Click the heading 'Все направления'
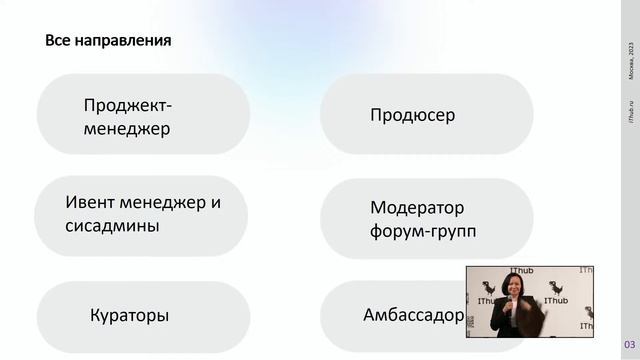(108, 41)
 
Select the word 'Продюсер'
(412, 115)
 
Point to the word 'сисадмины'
(113, 225)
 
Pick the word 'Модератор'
(417, 208)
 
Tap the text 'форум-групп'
(422, 232)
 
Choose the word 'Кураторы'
(129, 316)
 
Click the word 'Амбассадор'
(413, 316)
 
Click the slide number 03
(629, 344)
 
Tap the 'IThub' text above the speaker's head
(522, 271)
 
